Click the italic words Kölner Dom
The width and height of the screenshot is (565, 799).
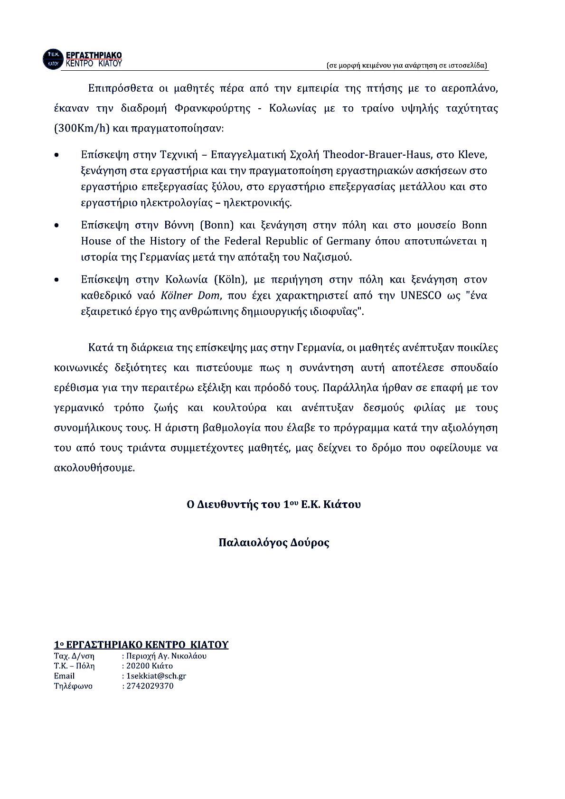click(190, 295)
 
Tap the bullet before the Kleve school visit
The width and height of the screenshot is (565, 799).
click(57, 155)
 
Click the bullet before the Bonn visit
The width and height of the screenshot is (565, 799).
click(57, 225)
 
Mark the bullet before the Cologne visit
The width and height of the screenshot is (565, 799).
click(57, 280)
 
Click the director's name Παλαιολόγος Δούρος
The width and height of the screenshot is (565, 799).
click(274, 543)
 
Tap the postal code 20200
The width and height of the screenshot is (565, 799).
click(138, 666)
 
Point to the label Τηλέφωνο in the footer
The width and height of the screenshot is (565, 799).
click(73, 686)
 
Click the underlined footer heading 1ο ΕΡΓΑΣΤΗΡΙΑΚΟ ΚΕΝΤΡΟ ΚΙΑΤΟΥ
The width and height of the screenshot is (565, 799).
click(141, 645)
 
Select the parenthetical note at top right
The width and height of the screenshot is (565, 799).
click(407, 66)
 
